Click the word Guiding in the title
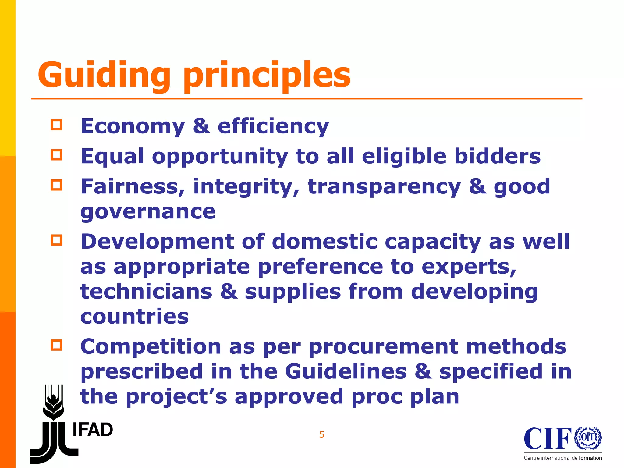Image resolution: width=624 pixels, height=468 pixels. [104, 74]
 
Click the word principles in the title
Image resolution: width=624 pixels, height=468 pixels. [267, 74]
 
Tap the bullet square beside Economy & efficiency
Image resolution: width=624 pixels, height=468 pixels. [57, 125]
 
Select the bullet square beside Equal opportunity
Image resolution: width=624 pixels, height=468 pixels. [57, 155]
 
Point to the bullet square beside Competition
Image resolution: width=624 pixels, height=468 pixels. [57, 345]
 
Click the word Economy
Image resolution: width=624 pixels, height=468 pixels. [133, 126]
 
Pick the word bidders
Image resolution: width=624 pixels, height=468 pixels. [497, 156]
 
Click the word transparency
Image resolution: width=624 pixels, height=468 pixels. [384, 186]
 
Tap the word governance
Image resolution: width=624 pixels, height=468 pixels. [148, 211]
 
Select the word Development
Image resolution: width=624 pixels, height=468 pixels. [157, 241]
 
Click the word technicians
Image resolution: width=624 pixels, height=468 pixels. [146, 291]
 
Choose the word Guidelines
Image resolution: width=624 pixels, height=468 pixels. [346, 371]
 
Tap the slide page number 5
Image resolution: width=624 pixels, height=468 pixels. [322, 434]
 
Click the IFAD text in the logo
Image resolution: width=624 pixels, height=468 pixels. [93, 430]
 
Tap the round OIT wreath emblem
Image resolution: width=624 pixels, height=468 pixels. [588, 438]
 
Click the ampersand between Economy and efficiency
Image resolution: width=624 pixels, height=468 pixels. [201, 126]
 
